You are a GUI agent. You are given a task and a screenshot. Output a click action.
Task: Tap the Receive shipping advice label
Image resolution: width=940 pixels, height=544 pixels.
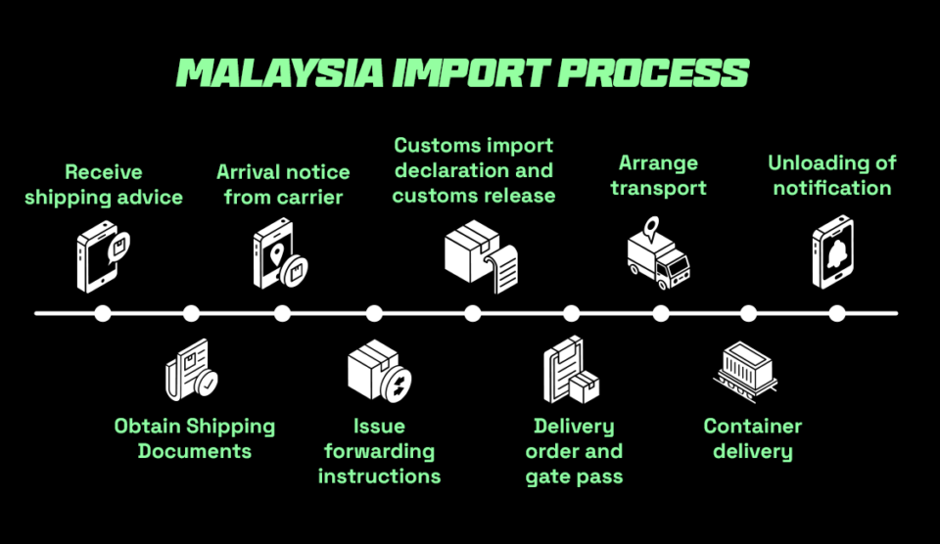[x=104, y=185]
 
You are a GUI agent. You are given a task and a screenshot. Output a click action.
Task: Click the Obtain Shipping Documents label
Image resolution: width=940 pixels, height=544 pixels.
[x=195, y=438]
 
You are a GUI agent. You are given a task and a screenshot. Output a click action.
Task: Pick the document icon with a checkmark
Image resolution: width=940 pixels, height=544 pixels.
[x=192, y=370]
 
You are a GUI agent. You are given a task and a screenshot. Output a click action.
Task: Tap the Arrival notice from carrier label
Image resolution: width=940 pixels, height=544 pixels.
[x=283, y=185]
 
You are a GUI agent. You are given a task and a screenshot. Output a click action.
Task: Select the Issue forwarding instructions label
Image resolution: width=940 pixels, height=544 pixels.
[x=379, y=451]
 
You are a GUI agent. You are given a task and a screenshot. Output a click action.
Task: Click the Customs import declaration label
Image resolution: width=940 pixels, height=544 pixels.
[x=474, y=170]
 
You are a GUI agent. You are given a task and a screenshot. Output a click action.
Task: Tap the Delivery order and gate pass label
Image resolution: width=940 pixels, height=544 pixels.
[x=574, y=451]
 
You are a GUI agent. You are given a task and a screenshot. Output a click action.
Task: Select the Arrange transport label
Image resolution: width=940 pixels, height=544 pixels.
[x=659, y=175]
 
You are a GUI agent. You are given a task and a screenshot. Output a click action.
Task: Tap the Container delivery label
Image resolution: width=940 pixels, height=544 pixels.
[x=752, y=438]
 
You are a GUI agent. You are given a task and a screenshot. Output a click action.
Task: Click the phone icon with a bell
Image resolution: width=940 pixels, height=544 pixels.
[x=833, y=253]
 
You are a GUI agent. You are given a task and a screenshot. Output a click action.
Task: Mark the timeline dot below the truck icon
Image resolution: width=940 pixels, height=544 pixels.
[x=661, y=313]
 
